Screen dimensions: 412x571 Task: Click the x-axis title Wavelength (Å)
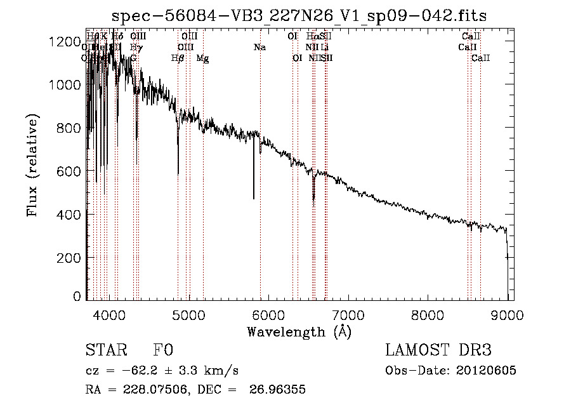299,331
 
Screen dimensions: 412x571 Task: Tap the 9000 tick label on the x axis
508,313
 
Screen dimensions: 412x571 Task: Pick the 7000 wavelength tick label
348,313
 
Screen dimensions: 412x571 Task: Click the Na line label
259,48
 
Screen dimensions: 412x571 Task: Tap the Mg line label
202,58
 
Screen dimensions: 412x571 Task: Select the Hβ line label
178,58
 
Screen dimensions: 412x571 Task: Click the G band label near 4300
133,58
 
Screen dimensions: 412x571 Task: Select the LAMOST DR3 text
438,351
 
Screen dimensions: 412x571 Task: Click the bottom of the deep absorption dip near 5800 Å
254,198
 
